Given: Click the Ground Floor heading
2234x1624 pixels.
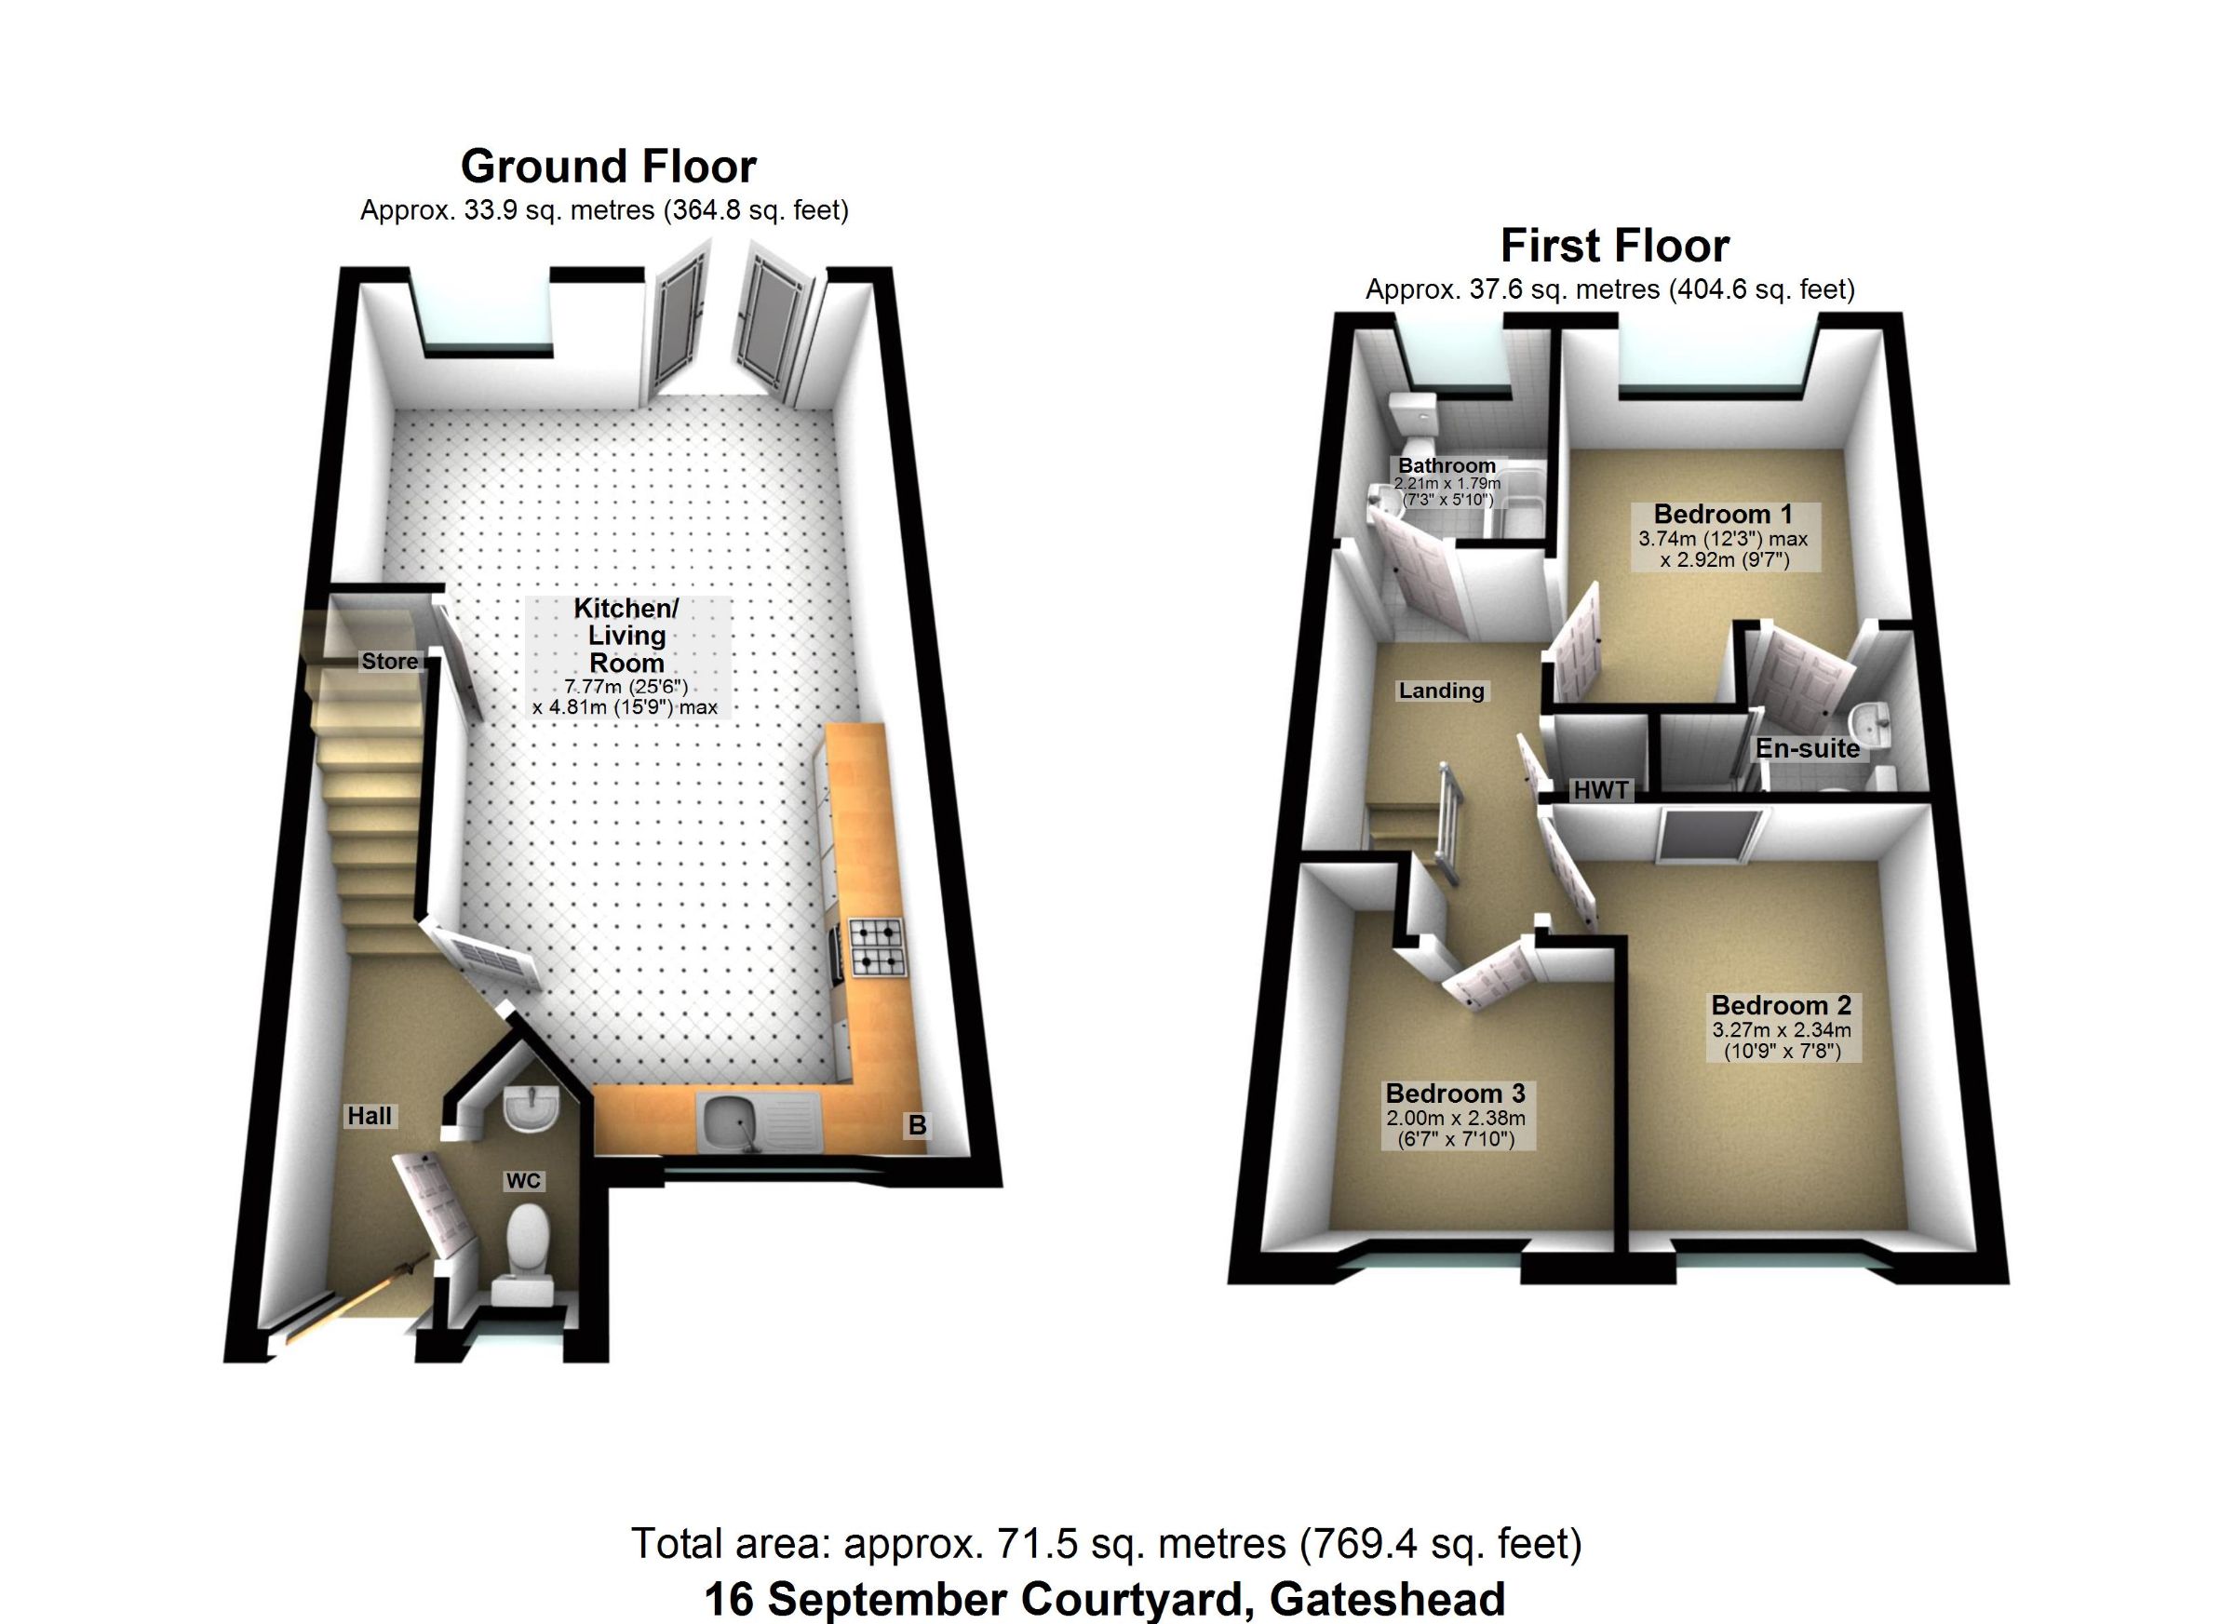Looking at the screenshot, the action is click(x=609, y=167).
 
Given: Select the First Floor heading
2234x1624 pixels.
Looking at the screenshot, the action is click(x=1614, y=247).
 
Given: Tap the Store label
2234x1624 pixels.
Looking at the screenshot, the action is click(x=389, y=661).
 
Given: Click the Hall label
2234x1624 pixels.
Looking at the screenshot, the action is click(x=370, y=1116).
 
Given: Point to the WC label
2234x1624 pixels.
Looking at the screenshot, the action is click(x=523, y=1181).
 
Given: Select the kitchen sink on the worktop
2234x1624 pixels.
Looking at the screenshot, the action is click(x=760, y=1122).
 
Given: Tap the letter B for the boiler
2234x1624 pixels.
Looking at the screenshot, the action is click(x=917, y=1124).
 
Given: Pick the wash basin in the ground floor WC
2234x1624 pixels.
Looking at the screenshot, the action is click(x=531, y=1107).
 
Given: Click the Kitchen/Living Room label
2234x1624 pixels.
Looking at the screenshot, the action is click(x=626, y=636).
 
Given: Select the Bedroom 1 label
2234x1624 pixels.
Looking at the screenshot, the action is click(x=1723, y=513).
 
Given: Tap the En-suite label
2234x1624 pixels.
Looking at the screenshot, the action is click(x=1808, y=748).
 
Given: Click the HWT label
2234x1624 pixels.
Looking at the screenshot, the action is click(x=1601, y=789).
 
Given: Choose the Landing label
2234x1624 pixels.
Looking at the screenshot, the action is click(x=1441, y=691).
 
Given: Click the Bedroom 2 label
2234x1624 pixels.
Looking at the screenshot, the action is click(x=1781, y=1004).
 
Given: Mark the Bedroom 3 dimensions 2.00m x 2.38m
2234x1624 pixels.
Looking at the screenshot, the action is click(x=1456, y=1118).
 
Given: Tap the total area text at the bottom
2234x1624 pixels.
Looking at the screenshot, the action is click(x=1106, y=1543).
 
